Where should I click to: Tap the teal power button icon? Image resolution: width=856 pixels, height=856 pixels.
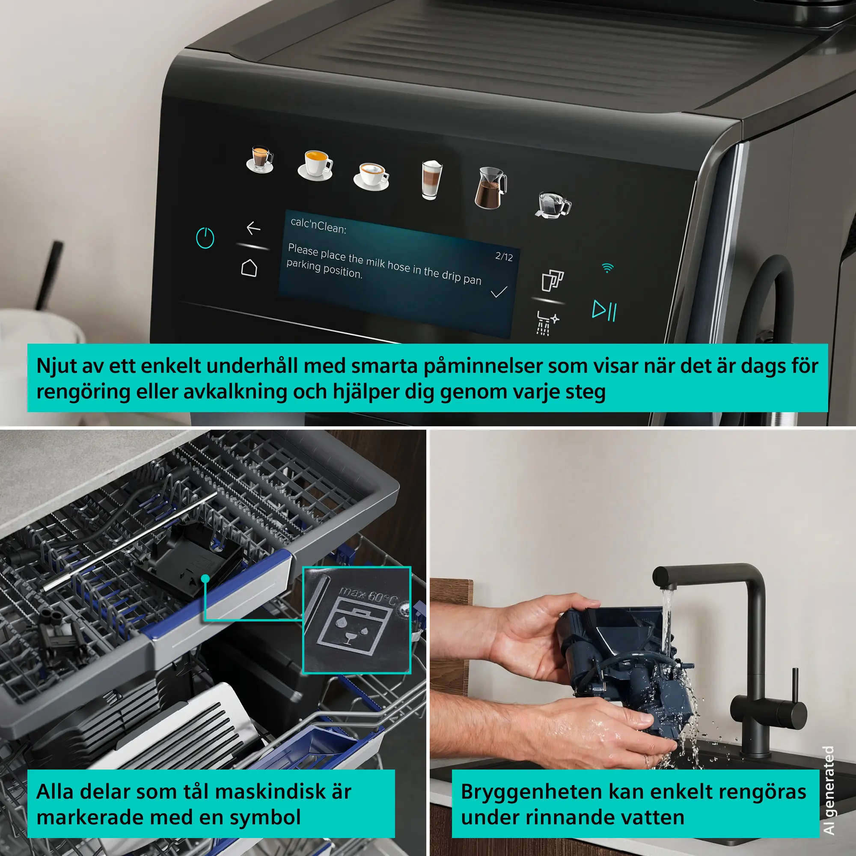pos(205,238)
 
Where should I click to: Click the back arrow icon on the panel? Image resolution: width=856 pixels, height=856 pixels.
pos(253,228)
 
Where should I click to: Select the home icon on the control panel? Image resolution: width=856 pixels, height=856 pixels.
pos(249,267)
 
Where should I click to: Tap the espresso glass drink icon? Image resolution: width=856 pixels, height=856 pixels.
pos(261,159)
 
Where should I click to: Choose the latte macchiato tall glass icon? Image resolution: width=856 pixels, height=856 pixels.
pos(431,179)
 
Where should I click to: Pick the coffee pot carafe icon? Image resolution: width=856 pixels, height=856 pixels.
pos(490,187)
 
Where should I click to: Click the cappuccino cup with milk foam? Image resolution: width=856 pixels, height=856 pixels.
pos(371,176)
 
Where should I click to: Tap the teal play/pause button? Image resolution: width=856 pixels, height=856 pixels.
pos(604,310)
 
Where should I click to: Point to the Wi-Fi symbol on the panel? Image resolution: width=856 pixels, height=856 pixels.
pos(607,267)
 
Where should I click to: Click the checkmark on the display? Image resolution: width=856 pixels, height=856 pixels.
pos(499,292)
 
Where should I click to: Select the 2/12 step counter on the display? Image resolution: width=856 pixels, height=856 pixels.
pos(504,256)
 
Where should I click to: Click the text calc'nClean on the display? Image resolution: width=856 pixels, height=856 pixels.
pos(318,226)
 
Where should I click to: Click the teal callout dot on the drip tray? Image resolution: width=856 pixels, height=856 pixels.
pos(205,578)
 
